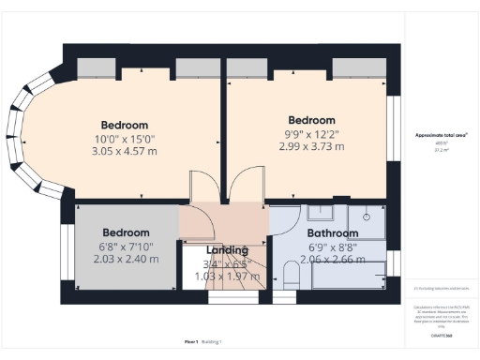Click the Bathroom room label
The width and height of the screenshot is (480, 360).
332,233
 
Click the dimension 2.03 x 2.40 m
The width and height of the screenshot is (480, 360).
126,258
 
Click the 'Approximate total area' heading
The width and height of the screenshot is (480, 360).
441,135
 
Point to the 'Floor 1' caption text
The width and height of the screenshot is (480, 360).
192,341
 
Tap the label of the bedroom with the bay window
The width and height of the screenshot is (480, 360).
125,125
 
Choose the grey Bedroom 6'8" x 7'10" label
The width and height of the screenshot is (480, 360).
126,232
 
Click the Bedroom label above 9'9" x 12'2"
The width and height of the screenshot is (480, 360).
311,120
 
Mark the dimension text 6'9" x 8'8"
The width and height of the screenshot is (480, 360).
332,247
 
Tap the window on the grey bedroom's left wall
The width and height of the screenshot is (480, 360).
65,252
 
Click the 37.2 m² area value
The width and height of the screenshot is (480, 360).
441,148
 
